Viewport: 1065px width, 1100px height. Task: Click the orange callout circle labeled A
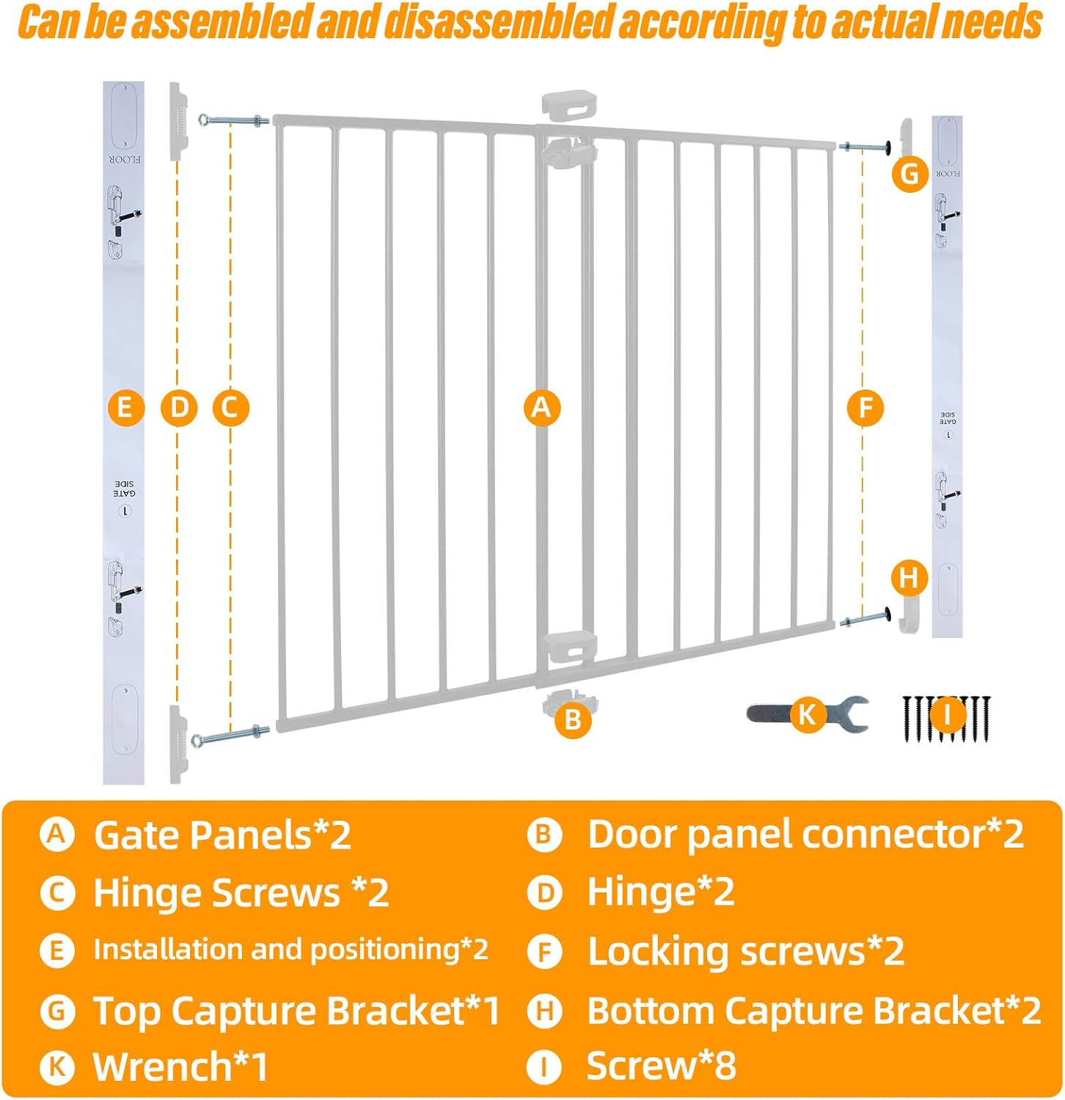pos(541,407)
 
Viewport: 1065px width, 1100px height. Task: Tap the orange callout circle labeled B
pos(573,719)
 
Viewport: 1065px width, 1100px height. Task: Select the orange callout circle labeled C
pos(230,407)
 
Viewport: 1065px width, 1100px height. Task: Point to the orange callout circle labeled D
pos(179,407)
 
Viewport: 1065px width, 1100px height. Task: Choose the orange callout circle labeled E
pos(125,407)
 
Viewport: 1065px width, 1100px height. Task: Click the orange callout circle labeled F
pos(865,407)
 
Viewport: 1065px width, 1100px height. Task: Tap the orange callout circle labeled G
pos(910,174)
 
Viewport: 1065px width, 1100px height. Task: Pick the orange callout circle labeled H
pos(910,578)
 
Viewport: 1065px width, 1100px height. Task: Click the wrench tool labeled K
pos(808,714)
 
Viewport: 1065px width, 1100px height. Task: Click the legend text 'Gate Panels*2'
pos(222,835)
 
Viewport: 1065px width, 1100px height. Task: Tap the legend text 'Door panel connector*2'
pos(805,835)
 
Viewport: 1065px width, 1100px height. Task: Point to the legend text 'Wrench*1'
pos(180,1066)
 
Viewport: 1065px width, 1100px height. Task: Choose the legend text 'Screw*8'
pos(661,1066)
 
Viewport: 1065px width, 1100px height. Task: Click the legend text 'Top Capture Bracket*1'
pos(296,1011)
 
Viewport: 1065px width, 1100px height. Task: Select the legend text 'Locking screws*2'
pos(746,952)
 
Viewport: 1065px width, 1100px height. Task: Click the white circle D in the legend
pos(545,893)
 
